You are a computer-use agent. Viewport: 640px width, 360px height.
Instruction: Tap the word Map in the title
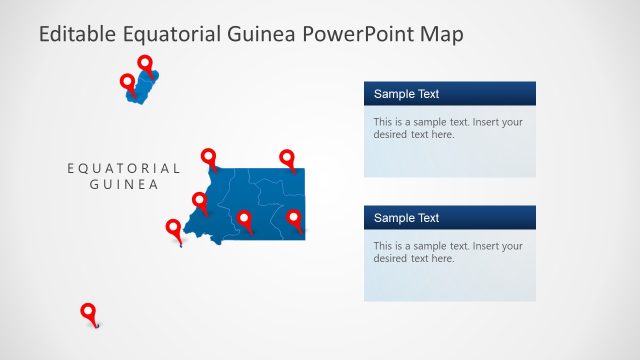coord(440,35)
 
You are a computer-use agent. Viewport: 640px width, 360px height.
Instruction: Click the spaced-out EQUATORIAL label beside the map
coord(124,168)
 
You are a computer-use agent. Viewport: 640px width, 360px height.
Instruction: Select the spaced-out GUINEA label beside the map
coord(124,184)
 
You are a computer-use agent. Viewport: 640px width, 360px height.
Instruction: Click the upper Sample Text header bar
coord(449,94)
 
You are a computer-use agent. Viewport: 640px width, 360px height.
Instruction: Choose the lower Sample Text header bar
coord(449,218)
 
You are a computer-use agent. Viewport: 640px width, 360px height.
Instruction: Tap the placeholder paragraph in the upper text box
coord(448,128)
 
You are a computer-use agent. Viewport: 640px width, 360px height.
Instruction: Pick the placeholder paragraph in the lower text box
coord(448,252)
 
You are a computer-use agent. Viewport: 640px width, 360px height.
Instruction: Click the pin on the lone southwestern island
coord(88,312)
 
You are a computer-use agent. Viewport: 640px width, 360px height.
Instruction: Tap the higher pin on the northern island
coord(145,64)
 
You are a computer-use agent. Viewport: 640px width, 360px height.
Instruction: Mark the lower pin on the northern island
coord(127,82)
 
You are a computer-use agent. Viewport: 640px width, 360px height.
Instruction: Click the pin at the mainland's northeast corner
coord(287,158)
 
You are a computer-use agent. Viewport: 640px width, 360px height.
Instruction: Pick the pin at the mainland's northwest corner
coord(208,157)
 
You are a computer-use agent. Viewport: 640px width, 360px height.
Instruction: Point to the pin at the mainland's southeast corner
coord(294,218)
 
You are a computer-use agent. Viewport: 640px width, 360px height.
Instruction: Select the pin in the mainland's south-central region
coord(245,219)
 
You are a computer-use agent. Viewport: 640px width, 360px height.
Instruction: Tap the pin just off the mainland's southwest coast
coord(173,229)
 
